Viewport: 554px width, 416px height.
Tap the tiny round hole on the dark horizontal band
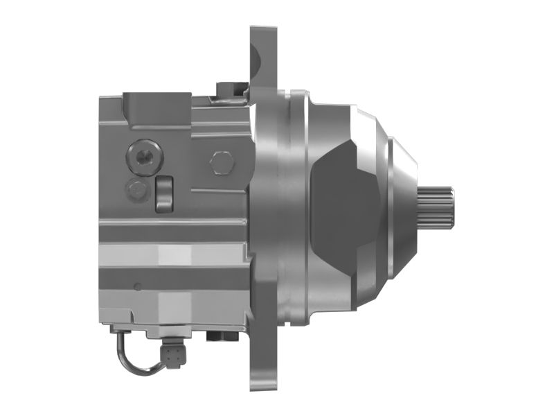137,286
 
